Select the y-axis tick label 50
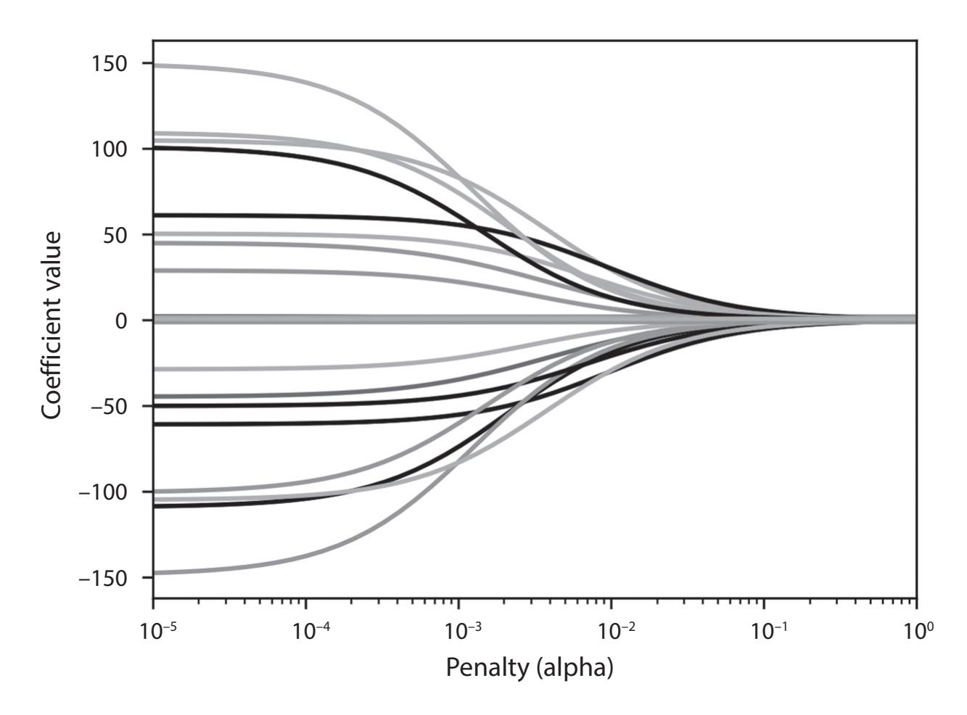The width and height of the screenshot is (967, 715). pos(118,235)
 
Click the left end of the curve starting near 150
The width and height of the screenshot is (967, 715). pos(155,65)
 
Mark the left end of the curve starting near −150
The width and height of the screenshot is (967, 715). pos(155,573)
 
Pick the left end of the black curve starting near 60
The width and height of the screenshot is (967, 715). pos(155,215)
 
